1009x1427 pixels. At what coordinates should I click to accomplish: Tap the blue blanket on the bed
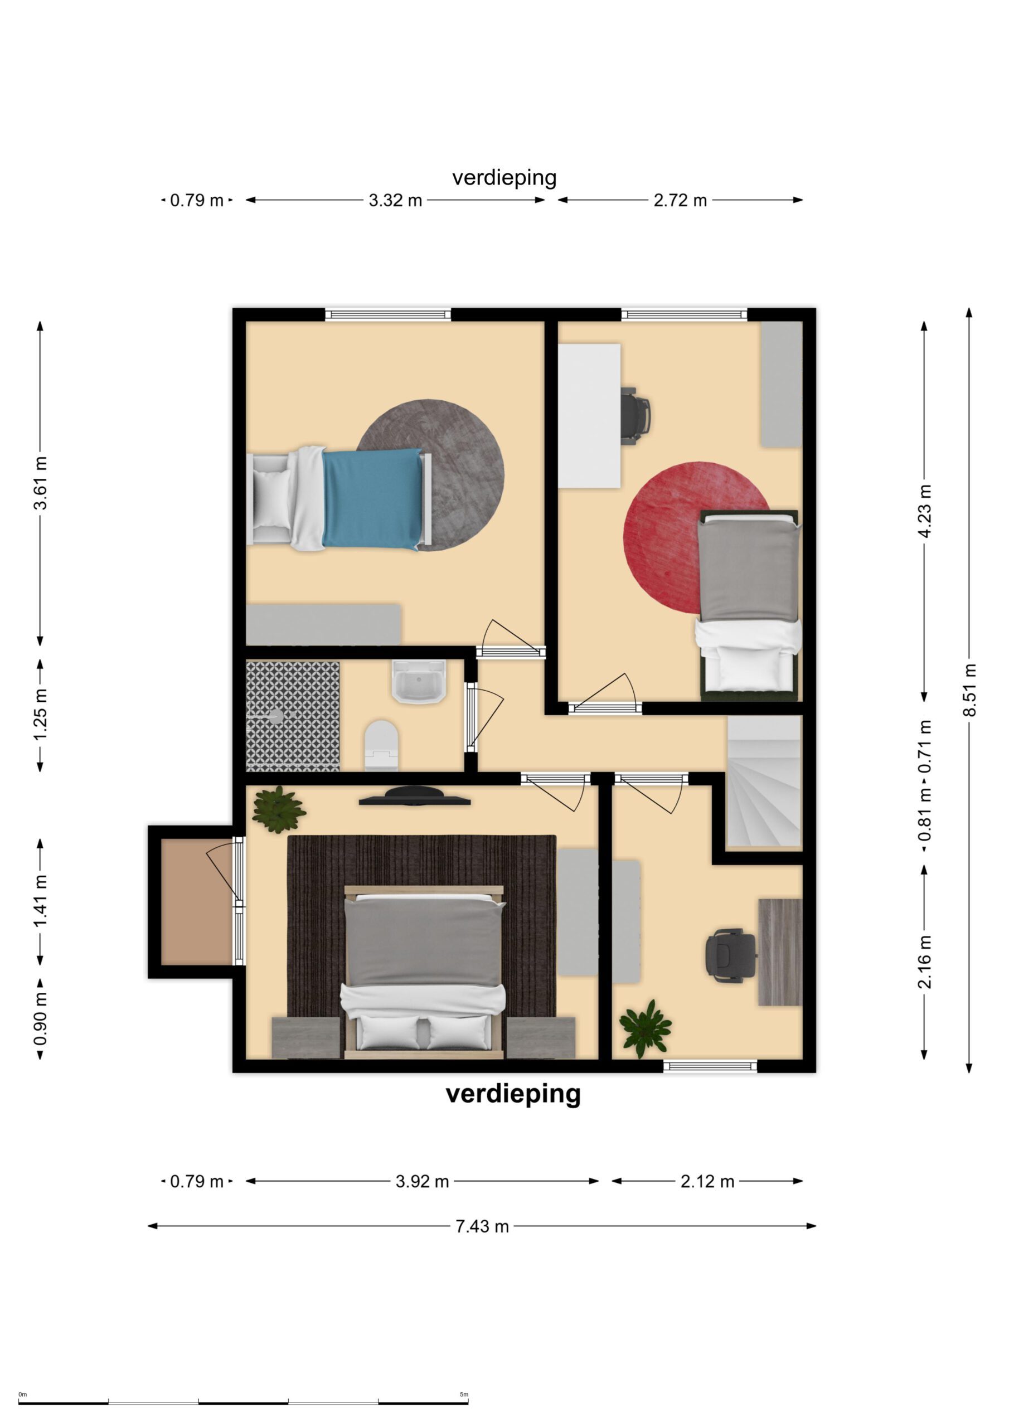[x=372, y=499]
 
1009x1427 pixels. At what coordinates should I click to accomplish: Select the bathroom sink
[x=419, y=681]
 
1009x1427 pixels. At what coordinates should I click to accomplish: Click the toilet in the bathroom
[x=381, y=745]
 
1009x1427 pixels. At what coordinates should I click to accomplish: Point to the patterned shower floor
[x=293, y=716]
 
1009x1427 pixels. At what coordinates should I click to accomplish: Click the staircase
[x=764, y=782]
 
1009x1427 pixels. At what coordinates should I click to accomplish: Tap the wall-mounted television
[x=415, y=796]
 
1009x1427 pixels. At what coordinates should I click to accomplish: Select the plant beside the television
[x=278, y=809]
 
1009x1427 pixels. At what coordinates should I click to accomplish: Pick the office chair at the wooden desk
[x=727, y=955]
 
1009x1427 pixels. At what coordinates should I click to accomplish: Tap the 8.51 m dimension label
[x=969, y=690]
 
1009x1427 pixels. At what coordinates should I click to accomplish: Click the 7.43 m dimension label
[x=482, y=1226]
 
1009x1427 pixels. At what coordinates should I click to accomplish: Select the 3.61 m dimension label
[x=40, y=483]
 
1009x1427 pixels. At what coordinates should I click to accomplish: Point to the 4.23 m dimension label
[x=924, y=511]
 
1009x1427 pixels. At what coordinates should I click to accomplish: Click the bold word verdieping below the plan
[x=513, y=1093]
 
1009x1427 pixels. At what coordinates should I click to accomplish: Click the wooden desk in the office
[x=779, y=952]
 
